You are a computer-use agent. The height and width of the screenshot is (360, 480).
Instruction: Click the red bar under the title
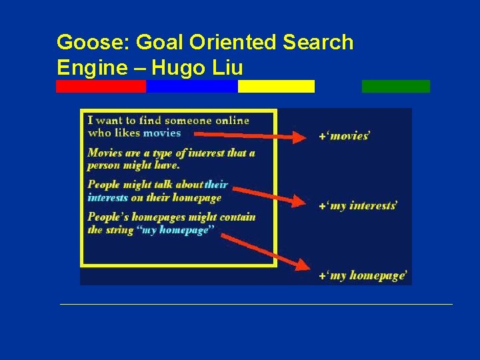(x=101, y=86)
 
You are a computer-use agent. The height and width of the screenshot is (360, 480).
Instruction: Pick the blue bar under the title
(x=191, y=86)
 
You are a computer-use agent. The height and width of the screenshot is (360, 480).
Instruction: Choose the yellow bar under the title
(x=276, y=86)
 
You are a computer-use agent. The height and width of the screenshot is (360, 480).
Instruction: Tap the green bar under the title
(x=395, y=86)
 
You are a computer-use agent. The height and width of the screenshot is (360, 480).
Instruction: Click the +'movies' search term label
(x=345, y=136)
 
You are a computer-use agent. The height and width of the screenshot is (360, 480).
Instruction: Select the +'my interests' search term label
(x=358, y=206)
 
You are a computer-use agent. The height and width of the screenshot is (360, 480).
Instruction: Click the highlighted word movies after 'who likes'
(x=162, y=133)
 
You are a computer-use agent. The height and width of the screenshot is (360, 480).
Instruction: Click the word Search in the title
(x=318, y=43)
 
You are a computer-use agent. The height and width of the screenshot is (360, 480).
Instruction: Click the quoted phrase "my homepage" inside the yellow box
(x=175, y=230)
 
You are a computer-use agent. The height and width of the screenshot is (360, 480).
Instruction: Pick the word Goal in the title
(x=159, y=43)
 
